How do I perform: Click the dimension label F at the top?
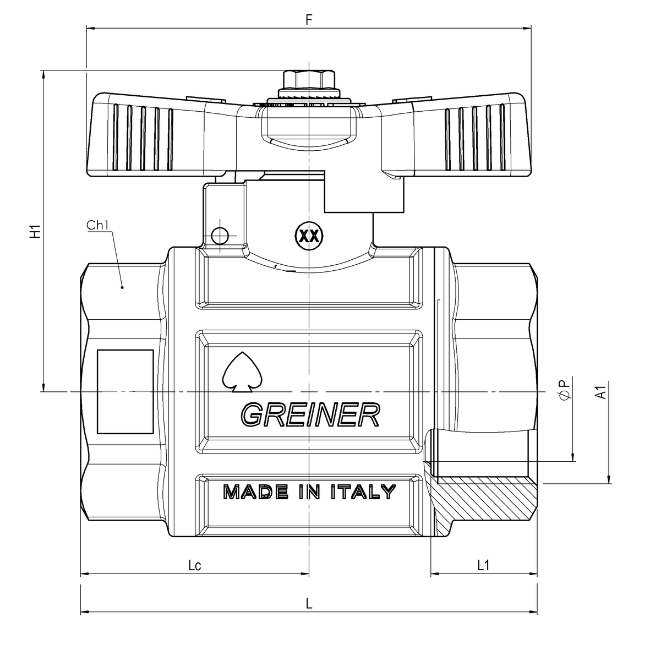pyautogui.click(x=309, y=19)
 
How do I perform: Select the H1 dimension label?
pyautogui.click(x=35, y=232)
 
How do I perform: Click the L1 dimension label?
pyautogui.click(x=483, y=565)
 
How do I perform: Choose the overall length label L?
pyautogui.click(x=309, y=603)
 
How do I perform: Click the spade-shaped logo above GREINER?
pyautogui.click(x=242, y=373)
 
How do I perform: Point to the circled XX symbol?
pyautogui.click(x=309, y=236)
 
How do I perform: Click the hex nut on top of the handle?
pyautogui.click(x=309, y=80)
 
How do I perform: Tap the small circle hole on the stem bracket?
pyautogui.click(x=220, y=236)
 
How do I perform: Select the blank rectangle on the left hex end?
pyautogui.click(x=125, y=391)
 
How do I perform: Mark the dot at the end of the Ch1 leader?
pyautogui.click(x=122, y=287)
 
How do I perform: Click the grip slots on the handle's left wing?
pyautogui.click(x=143, y=138)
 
